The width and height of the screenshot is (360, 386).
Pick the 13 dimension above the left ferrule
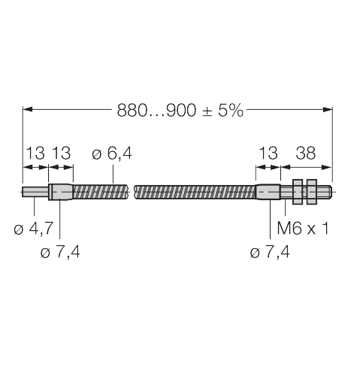[62, 153]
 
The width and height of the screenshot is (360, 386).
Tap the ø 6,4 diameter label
[111, 153]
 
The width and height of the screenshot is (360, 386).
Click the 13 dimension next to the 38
[268, 153]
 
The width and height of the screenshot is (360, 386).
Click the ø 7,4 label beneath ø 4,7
[61, 252]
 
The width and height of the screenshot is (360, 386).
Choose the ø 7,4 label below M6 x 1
[270, 252]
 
